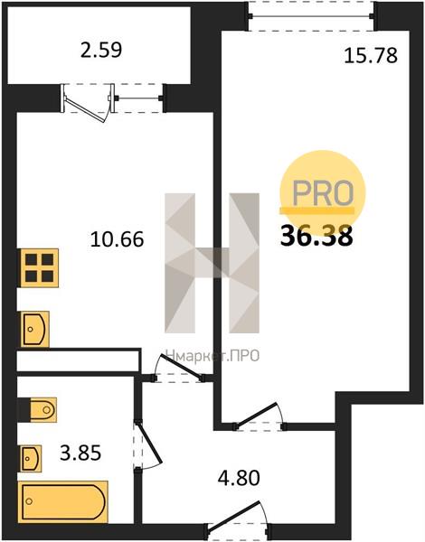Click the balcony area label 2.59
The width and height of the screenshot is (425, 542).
click(x=101, y=50)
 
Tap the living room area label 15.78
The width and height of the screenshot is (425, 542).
click(x=371, y=56)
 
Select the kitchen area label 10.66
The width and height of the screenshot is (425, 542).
click(x=117, y=239)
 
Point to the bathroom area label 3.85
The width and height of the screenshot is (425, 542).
click(x=80, y=453)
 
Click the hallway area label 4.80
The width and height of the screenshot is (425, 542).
click(x=239, y=479)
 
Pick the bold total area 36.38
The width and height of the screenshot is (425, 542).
click(x=316, y=236)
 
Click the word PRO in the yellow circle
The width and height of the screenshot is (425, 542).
click(x=323, y=192)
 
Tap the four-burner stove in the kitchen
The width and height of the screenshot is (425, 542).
click(x=38, y=267)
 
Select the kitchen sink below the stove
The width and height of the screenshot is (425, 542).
click(x=34, y=329)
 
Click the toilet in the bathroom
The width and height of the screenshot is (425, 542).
click(x=37, y=410)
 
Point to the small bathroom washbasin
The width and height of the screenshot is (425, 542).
click(x=31, y=458)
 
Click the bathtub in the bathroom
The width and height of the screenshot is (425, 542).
click(x=63, y=501)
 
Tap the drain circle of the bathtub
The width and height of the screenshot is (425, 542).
click(x=30, y=500)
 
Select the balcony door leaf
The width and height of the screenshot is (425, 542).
click(x=84, y=111)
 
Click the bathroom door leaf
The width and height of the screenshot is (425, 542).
click(x=149, y=442)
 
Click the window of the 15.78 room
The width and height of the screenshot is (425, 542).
click(x=311, y=16)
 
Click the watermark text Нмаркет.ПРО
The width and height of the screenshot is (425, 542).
click(x=212, y=355)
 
